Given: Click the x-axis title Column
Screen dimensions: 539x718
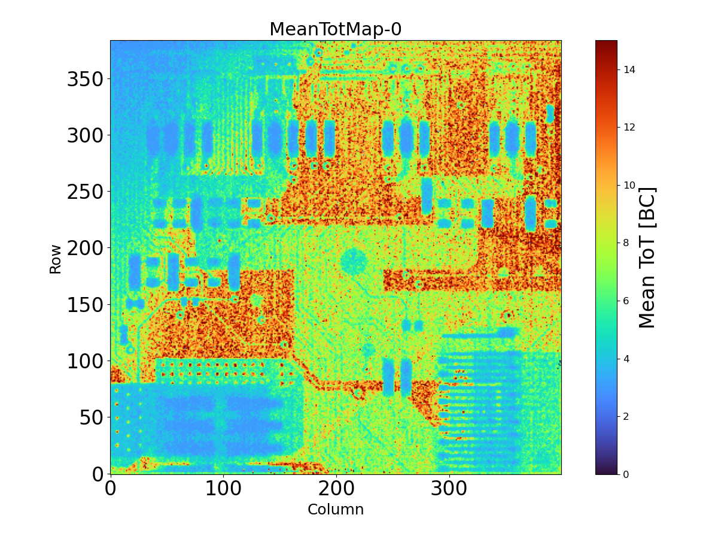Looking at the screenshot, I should click(335, 510).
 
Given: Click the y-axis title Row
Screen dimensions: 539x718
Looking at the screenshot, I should click(55, 259).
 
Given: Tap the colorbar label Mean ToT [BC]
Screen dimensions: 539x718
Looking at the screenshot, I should click(647, 258).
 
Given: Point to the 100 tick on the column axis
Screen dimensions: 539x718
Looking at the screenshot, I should click(223, 487).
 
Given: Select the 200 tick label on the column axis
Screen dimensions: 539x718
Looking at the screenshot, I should click(336, 487).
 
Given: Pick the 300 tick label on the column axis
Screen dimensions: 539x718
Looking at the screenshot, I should click(449, 487).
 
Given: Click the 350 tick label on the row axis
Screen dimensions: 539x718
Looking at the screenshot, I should click(85, 79).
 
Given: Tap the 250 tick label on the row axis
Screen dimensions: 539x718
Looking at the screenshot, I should click(85, 192).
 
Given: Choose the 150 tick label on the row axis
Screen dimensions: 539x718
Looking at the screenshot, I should click(85, 305).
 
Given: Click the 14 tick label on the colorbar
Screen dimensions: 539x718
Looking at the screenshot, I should click(628, 69).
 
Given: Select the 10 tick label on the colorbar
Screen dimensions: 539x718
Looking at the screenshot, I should click(628, 185).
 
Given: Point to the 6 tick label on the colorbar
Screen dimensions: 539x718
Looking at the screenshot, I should click(626, 301).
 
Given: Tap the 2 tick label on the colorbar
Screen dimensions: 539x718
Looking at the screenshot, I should click(626, 416).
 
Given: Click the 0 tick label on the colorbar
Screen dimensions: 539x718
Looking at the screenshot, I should click(626, 474).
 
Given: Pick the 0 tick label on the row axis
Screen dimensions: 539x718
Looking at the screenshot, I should click(98, 474).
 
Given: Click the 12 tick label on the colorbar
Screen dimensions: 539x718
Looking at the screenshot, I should click(628, 127).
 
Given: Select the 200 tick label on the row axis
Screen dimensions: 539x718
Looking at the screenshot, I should click(85, 248).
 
